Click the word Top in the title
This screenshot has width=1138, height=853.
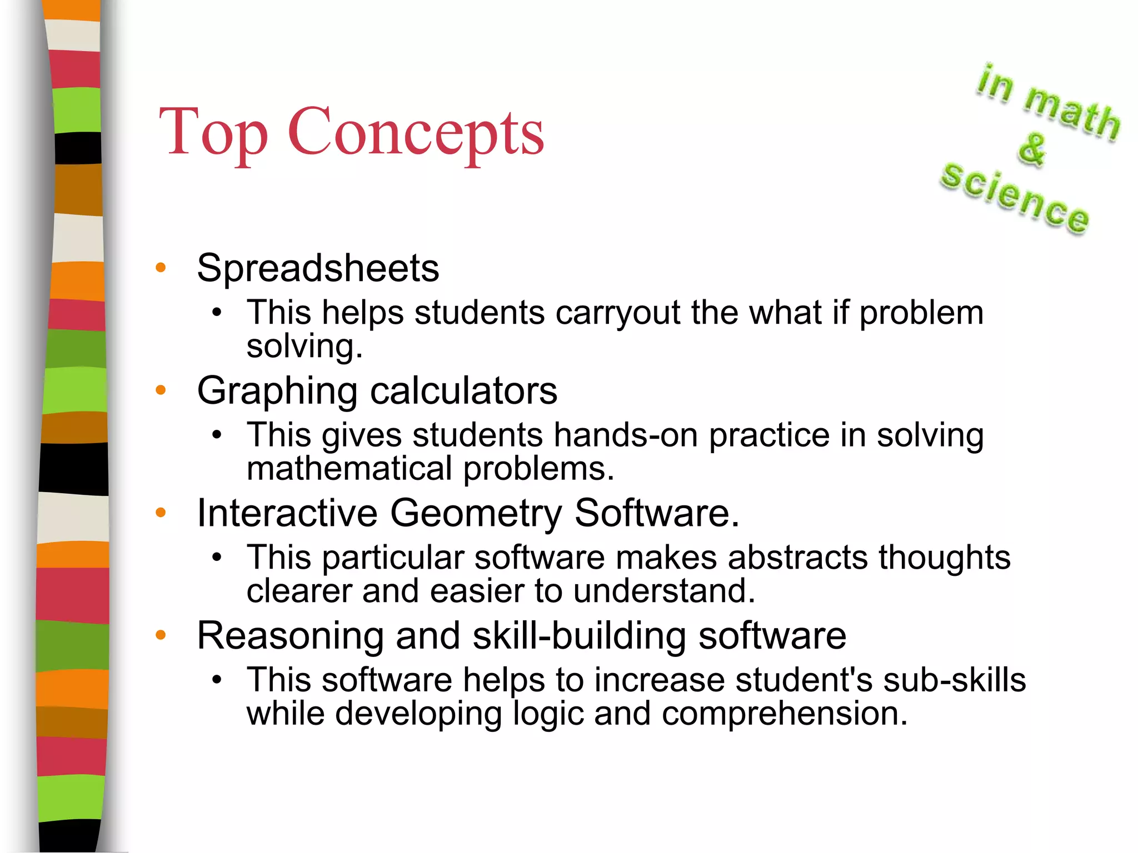(x=213, y=133)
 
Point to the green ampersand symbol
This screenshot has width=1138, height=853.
(x=1032, y=149)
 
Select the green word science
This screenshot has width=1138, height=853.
(x=1015, y=197)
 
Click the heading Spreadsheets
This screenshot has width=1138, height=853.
(x=318, y=268)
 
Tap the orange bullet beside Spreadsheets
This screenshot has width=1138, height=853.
(x=161, y=268)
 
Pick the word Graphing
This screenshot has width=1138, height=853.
(x=277, y=392)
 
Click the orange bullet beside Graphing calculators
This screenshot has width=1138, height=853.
(x=161, y=390)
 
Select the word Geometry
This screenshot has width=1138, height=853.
(x=476, y=513)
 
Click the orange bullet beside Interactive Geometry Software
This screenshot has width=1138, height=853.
(x=161, y=513)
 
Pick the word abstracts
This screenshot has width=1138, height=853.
(x=797, y=557)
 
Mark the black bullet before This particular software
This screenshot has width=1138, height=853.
(x=217, y=557)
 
